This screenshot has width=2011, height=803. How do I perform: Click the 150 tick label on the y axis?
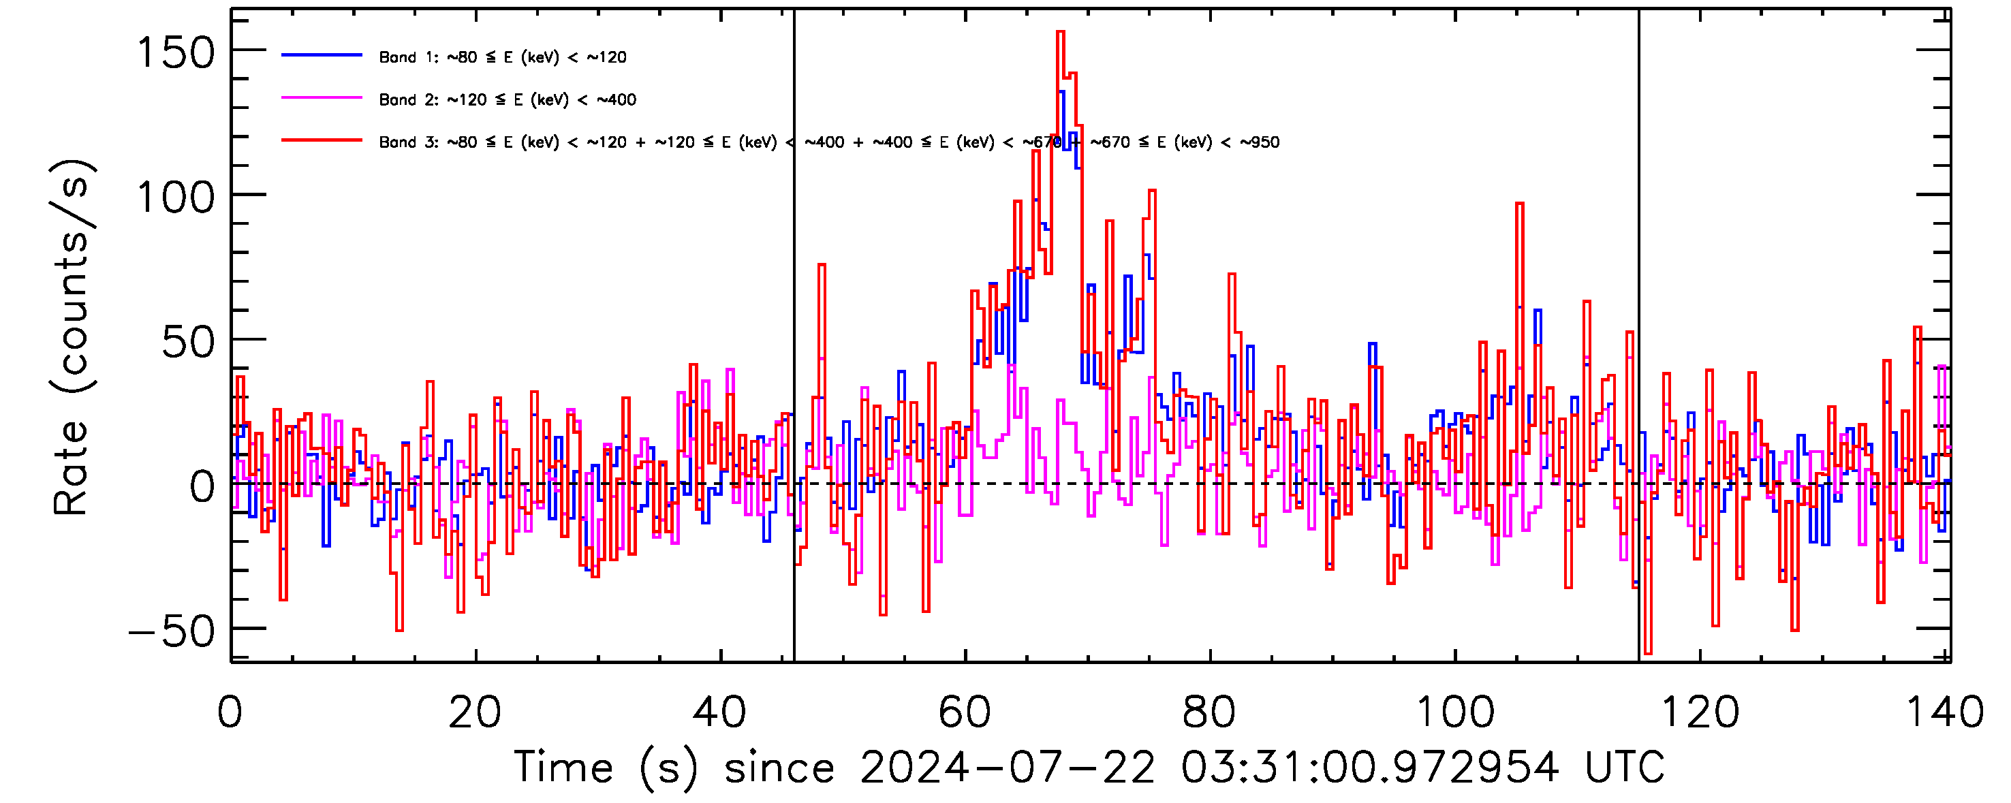[176, 54]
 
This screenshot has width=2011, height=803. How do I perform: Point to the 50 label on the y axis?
[188, 343]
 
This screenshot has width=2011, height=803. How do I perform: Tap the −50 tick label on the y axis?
[172, 631]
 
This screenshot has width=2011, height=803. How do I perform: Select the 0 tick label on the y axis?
[202, 487]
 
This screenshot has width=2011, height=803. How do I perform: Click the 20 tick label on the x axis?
[475, 712]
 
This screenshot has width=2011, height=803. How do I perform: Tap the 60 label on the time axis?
[964, 712]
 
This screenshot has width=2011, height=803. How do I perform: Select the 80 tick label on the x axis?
[1209, 712]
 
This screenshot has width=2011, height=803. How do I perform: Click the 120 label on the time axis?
[1699, 712]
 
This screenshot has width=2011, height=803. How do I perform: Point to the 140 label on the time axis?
[1944, 712]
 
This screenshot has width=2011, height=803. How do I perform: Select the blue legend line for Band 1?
[322, 55]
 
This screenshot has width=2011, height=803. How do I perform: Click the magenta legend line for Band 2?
[322, 98]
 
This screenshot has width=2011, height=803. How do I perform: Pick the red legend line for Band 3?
[322, 140]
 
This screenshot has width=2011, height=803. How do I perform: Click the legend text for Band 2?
[508, 100]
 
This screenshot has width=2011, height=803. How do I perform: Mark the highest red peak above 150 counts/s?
[1060, 33]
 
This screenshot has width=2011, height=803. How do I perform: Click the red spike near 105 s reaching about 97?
[1520, 204]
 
